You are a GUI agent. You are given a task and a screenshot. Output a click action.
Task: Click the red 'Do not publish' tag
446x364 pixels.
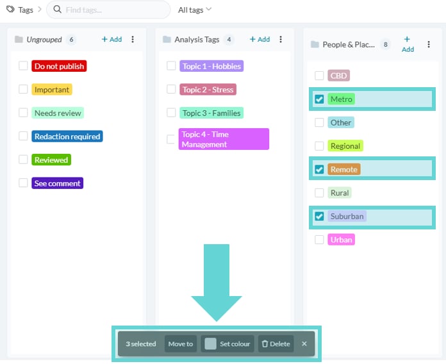pyautogui.click(x=59, y=66)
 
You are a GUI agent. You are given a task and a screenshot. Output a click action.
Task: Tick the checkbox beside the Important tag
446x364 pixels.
pyautogui.click(x=23, y=89)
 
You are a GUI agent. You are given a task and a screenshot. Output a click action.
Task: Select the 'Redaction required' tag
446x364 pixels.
pyautogui.click(x=67, y=136)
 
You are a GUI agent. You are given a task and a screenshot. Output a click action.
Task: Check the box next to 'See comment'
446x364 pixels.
pyautogui.click(x=23, y=183)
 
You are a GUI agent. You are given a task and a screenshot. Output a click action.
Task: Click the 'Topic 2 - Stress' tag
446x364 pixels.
pyautogui.click(x=208, y=89)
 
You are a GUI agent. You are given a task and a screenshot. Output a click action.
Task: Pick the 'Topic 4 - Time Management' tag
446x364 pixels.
pyautogui.click(x=224, y=139)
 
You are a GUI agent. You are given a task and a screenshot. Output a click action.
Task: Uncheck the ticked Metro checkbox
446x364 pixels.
pyautogui.click(x=319, y=99)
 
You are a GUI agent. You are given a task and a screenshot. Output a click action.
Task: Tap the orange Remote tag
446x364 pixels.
pyautogui.click(x=344, y=169)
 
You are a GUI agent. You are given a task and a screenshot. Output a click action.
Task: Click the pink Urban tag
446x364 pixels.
pyautogui.click(x=341, y=240)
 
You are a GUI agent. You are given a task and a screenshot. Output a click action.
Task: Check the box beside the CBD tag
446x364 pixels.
pyautogui.click(x=319, y=76)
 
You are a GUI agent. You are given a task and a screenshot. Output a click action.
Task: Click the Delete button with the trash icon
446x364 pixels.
pyautogui.click(x=276, y=343)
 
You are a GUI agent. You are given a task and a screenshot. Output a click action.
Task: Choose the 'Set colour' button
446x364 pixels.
pyautogui.click(x=227, y=343)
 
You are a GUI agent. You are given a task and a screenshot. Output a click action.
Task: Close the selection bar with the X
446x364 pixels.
pyautogui.click(x=304, y=343)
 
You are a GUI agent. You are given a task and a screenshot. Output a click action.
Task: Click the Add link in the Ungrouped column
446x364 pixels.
pyautogui.click(x=111, y=39)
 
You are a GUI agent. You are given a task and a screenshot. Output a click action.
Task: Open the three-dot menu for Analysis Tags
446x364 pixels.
pyautogui.click(x=281, y=39)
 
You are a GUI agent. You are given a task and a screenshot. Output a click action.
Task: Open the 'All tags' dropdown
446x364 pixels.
pyautogui.click(x=195, y=10)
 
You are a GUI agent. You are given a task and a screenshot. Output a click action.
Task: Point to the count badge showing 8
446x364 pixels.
pyautogui.click(x=385, y=44)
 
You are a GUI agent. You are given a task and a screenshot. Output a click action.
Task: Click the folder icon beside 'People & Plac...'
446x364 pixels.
pyautogui.click(x=315, y=44)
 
